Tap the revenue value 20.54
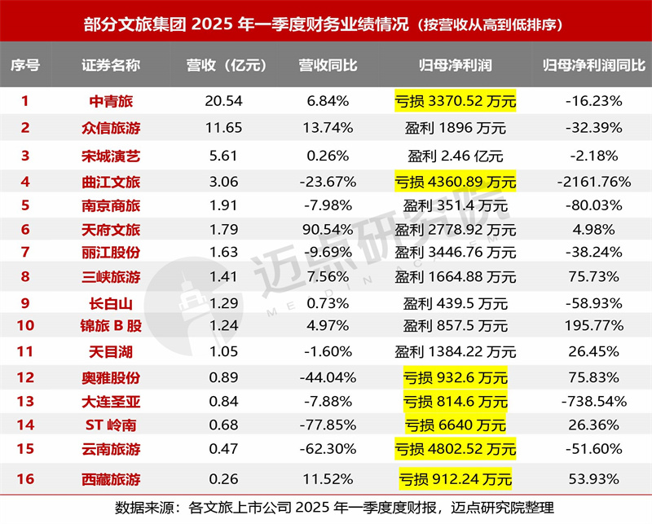[x=217, y=101]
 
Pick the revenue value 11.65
[x=217, y=127]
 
